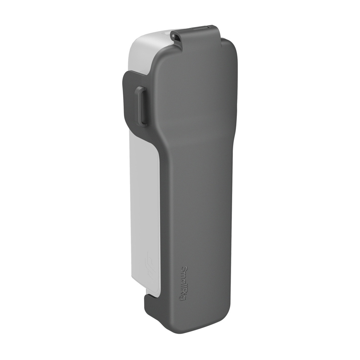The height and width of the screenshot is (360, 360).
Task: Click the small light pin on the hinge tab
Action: [x=174, y=36]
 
